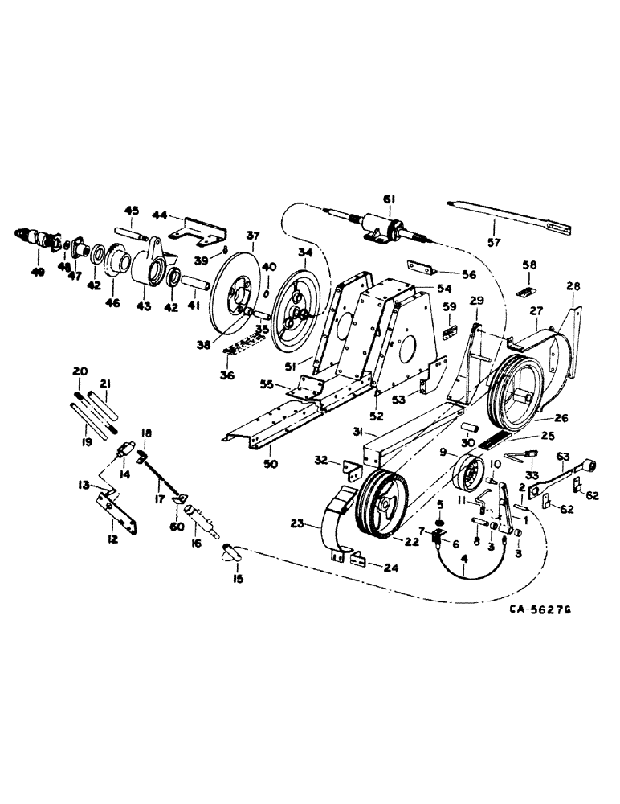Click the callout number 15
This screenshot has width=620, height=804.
pyautogui.click(x=237, y=578)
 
